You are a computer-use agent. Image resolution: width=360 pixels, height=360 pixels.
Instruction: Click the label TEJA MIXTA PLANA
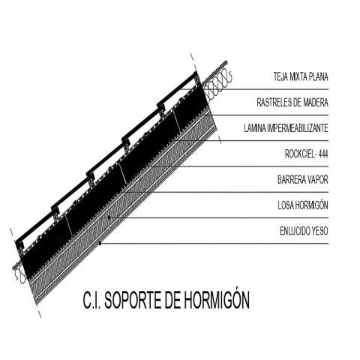coord(301,76)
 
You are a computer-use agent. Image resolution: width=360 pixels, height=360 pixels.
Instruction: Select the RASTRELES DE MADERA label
coord(292,103)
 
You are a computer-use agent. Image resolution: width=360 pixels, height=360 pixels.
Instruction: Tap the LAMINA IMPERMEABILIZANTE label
coord(286,128)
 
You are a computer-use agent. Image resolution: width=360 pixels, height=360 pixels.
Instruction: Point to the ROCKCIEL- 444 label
coord(307,154)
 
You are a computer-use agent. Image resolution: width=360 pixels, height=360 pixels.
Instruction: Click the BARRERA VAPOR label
coord(303,179)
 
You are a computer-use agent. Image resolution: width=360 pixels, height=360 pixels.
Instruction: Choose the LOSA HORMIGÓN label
coord(303,205)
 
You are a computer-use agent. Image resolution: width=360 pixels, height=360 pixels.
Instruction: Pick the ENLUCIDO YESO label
coord(304,231)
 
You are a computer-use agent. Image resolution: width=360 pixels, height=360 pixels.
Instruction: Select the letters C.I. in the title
coord(91,300)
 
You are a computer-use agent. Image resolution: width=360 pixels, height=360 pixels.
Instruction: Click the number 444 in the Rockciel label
coord(323,154)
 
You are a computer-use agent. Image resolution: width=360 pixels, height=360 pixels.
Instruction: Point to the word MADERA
coord(316,103)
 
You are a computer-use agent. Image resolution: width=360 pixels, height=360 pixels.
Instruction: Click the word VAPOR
coord(317,179)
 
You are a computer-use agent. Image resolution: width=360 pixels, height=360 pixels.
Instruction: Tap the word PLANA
coord(319,76)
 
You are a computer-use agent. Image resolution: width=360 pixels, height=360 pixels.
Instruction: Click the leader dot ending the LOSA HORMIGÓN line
coord(109,217)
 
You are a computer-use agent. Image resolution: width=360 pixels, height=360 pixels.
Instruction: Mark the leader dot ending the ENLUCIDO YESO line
coord(100,243)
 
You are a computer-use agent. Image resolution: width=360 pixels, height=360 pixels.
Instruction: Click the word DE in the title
coord(172,300)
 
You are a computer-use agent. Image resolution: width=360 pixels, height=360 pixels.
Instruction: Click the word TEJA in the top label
coord(280,76)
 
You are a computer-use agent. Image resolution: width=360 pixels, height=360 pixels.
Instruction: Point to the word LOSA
coord(286,205)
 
